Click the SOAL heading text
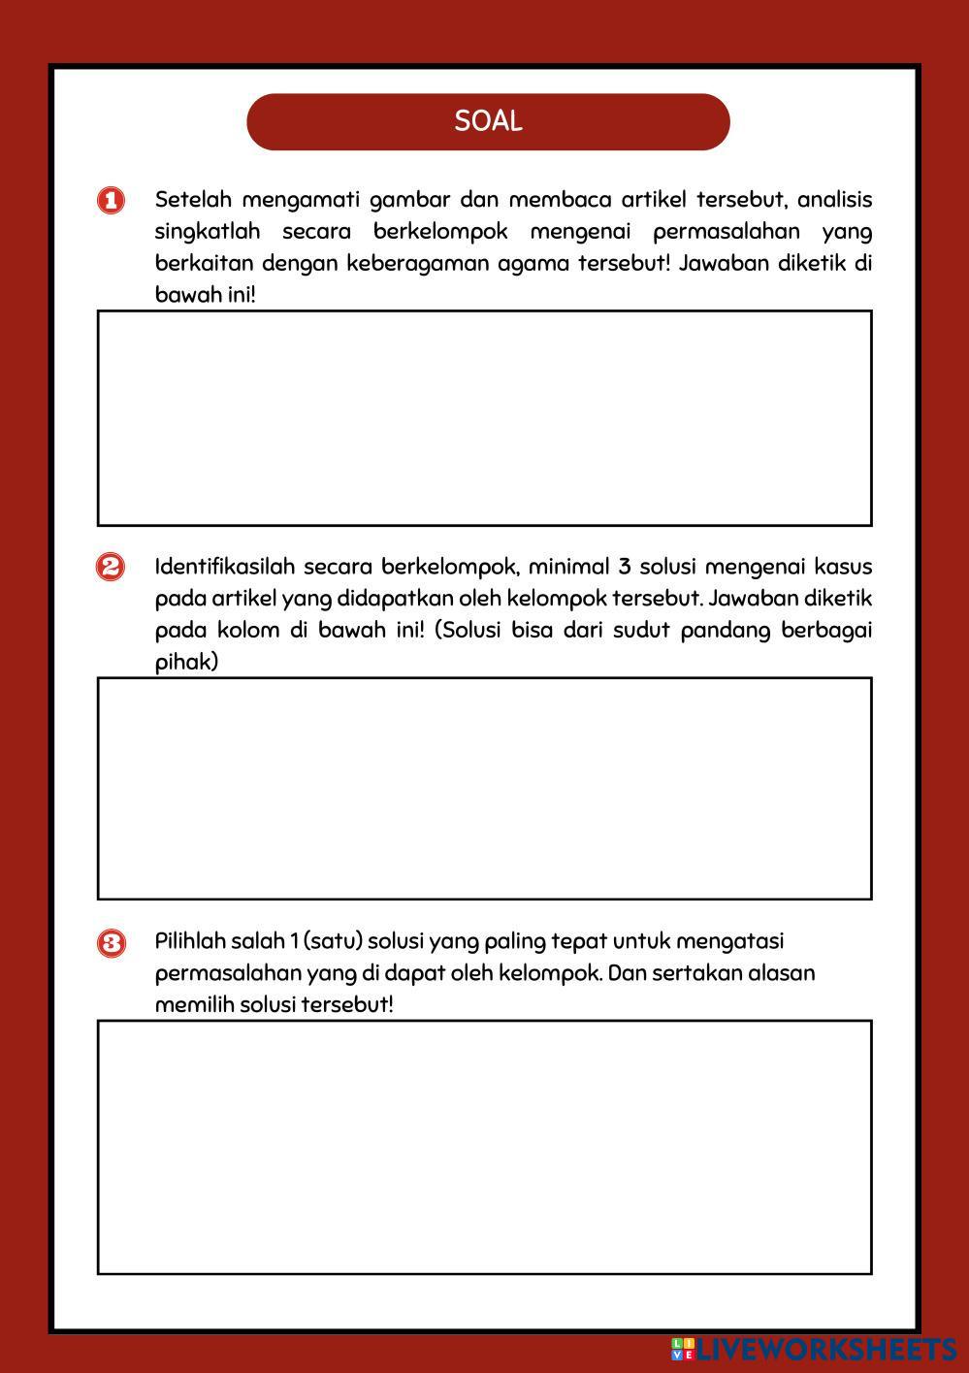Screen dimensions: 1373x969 pos(488,121)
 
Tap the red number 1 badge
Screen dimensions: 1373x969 pos(111,201)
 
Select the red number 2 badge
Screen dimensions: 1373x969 pos(111,567)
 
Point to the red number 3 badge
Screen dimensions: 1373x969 pos(111,942)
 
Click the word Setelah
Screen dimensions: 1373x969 pos(193,200)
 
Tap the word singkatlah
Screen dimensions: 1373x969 pos(208,232)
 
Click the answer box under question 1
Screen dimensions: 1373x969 pos(484,418)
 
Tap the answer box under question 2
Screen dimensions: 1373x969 pos(484,788)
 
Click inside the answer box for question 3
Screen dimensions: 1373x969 pos(484,1147)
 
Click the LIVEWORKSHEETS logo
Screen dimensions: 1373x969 pos(814,1349)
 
